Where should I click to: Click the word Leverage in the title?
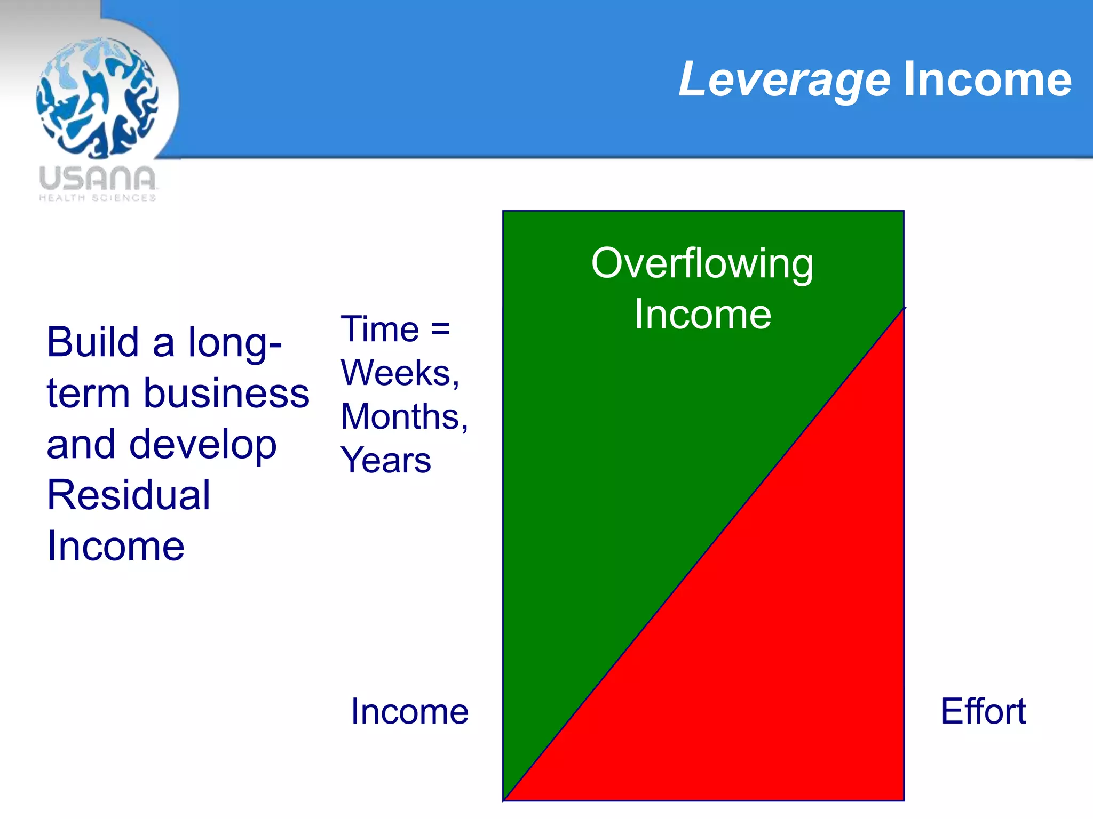tap(784, 80)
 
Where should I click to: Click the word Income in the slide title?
tap(987, 80)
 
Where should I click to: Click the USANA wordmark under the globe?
tap(97, 178)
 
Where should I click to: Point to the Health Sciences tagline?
tap(97, 198)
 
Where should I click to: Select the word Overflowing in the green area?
tap(702, 263)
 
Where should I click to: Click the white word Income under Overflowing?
tap(702, 315)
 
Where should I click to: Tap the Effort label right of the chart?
tap(983, 711)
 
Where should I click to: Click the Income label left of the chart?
tap(409, 711)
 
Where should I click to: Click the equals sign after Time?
tap(440, 328)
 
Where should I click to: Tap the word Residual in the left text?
tap(129, 495)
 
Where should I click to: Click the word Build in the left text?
tap(93, 342)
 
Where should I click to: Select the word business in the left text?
tap(226, 393)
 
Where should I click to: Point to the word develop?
tap(203, 445)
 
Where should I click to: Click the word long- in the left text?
tap(235, 342)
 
